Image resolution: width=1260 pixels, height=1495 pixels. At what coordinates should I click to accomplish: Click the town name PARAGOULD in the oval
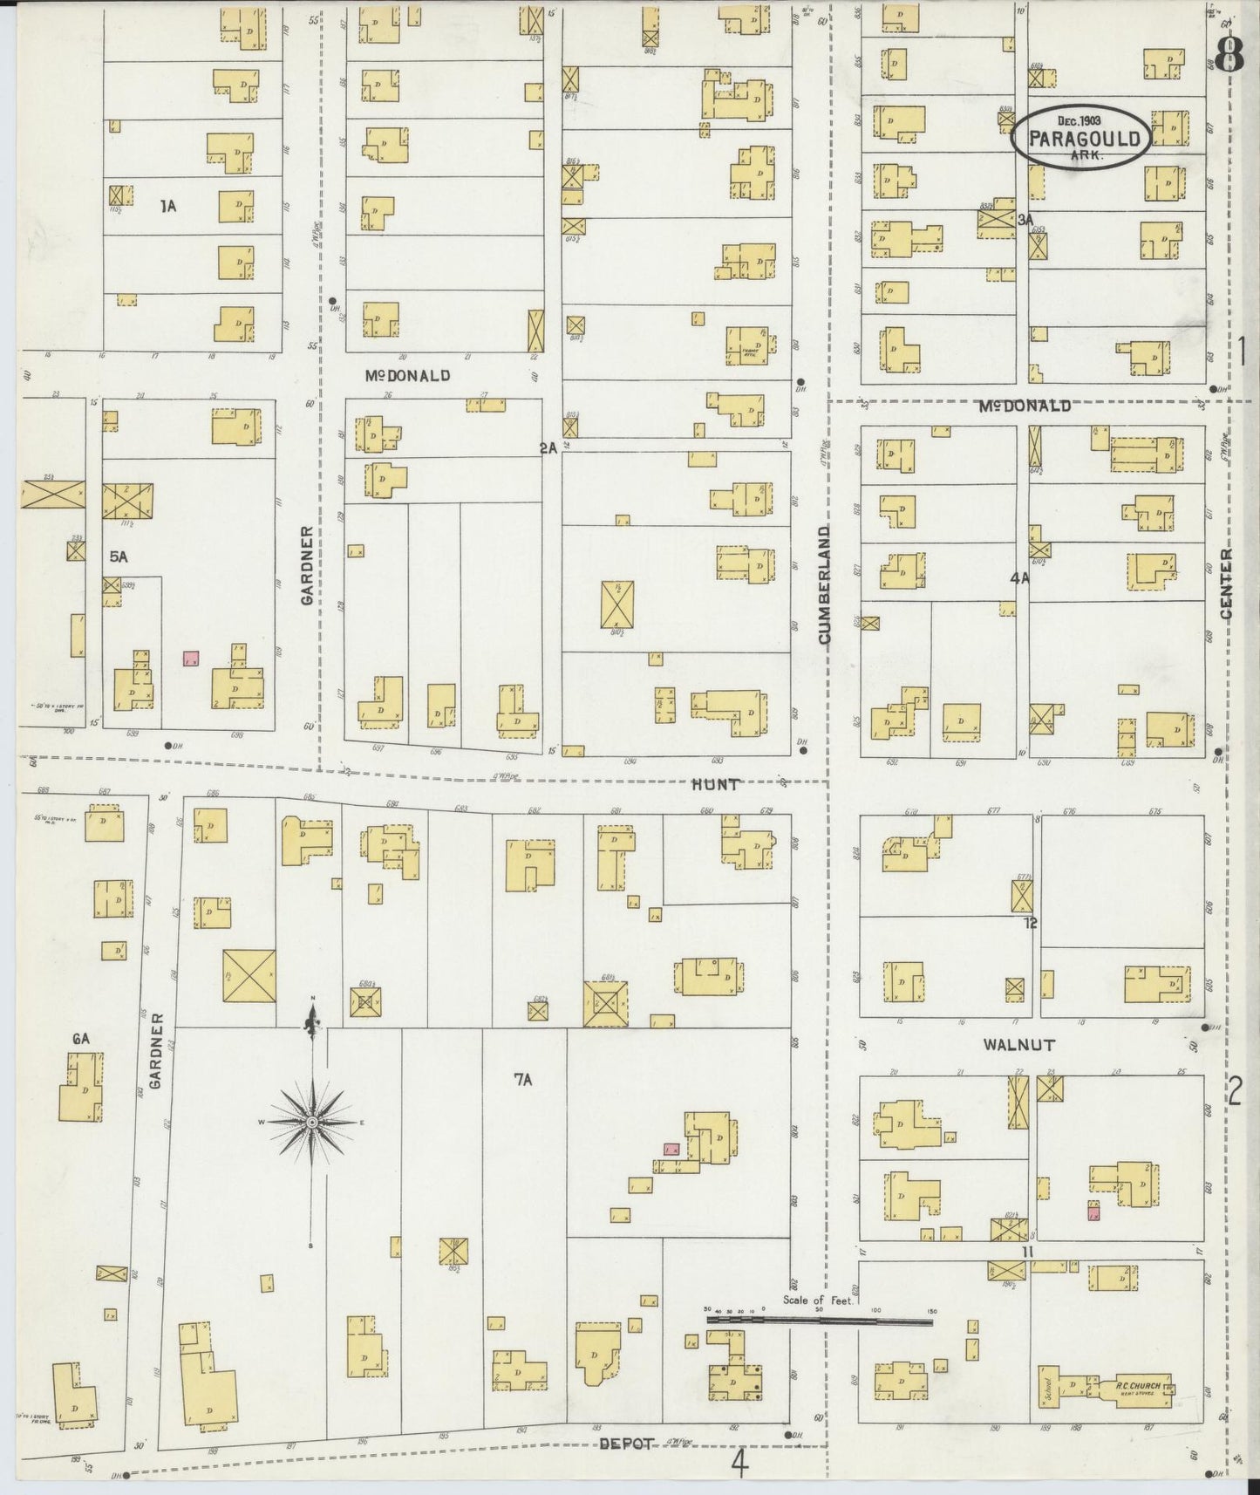(1084, 139)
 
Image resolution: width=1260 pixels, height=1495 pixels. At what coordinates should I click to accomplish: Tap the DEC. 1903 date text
(1080, 120)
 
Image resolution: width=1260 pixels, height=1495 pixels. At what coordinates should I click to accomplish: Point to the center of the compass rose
(312, 1122)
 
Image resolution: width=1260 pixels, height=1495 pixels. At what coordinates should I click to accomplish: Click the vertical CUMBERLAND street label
(824, 584)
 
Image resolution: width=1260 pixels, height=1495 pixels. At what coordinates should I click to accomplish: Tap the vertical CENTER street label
(1226, 584)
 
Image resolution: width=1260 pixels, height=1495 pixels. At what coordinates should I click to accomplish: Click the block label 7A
(522, 1081)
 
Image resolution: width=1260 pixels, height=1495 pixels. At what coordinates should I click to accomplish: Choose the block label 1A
(168, 206)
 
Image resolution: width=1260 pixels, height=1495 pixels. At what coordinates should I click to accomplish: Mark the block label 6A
(81, 1038)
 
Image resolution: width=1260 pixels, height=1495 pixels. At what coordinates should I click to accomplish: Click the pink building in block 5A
(191, 659)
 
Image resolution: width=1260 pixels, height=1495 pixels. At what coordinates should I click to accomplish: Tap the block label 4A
(1019, 578)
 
